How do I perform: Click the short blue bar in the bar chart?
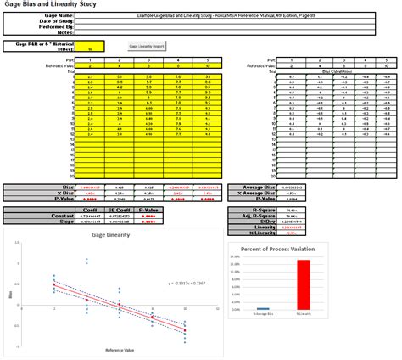pyautogui.click(x=262, y=308)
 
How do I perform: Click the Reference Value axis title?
pyautogui.click(x=118, y=350)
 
